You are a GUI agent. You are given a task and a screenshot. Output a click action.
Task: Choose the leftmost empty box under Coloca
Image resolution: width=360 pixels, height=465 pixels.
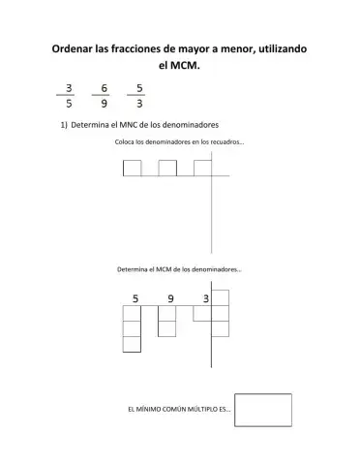(133, 169)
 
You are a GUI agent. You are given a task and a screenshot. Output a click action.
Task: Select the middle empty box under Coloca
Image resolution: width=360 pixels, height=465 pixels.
(167, 169)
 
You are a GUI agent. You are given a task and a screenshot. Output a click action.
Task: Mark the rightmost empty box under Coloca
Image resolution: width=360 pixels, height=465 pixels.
(202, 169)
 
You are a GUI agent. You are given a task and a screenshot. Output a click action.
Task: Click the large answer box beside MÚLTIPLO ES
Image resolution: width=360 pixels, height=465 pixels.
(263, 409)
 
